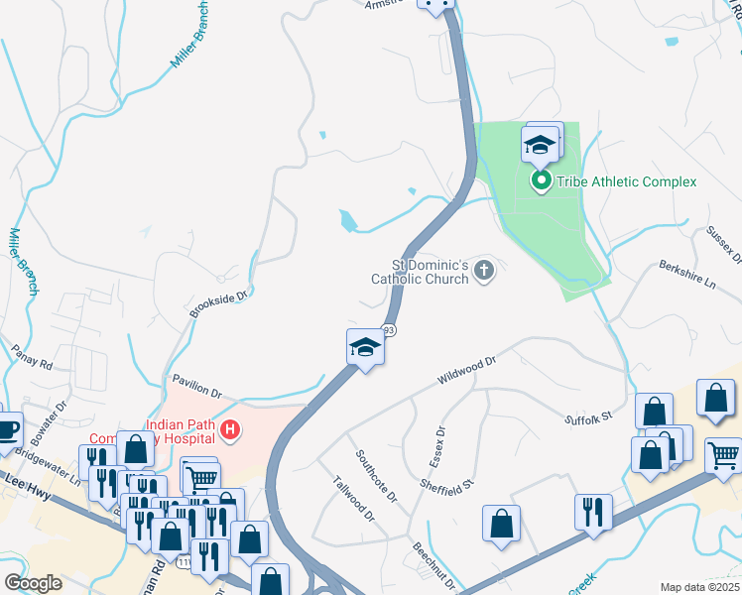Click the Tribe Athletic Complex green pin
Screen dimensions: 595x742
point(542,181)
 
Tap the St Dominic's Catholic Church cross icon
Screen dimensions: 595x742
point(484,270)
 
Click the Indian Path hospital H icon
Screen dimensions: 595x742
point(230,429)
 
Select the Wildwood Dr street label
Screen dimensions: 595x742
point(465,374)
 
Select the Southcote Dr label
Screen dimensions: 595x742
point(377,475)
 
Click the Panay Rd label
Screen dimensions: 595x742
point(31,357)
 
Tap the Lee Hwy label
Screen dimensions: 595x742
point(20,477)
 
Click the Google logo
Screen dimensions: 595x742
point(33,583)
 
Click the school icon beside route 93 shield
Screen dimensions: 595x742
point(365,347)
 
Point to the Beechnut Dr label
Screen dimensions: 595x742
point(433,566)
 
